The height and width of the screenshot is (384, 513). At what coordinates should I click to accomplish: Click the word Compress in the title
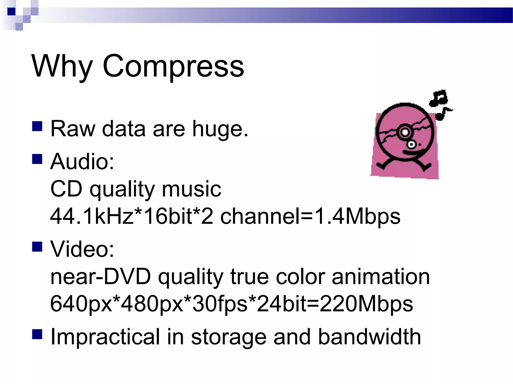[x=173, y=66]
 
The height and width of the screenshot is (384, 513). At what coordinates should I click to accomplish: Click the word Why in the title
[x=62, y=66]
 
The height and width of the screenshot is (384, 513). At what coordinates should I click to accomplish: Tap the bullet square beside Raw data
[x=37, y=126]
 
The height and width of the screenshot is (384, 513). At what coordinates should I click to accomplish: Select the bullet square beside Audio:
[x=37, y=159]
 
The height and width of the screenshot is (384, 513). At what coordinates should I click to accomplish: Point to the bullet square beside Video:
[x=37, y=246]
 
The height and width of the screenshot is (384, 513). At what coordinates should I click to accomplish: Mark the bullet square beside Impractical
[x=37, y=334]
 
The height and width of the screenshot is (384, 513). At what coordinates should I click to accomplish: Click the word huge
[x=220, y=129]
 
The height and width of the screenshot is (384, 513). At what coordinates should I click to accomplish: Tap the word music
[x=191, y=189]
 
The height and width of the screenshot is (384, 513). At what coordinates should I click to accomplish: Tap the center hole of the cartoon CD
[x=405, y=132]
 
